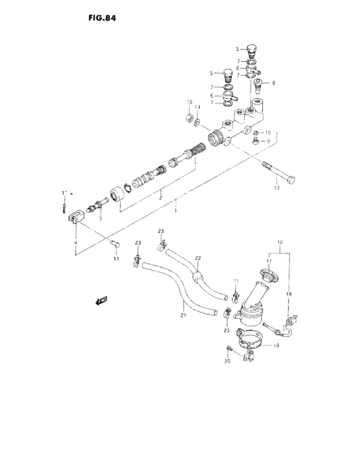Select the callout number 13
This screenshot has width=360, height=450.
(277, 188)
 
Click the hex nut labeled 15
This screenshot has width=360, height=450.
(189, 117)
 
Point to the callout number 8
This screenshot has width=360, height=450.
(273, 83)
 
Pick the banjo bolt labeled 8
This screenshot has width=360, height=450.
(259, 85)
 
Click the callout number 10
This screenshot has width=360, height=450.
(268, 132)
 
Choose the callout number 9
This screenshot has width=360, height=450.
(268, 140)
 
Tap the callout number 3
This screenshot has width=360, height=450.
(100, 219)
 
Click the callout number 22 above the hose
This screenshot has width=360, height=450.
(198, 258)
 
